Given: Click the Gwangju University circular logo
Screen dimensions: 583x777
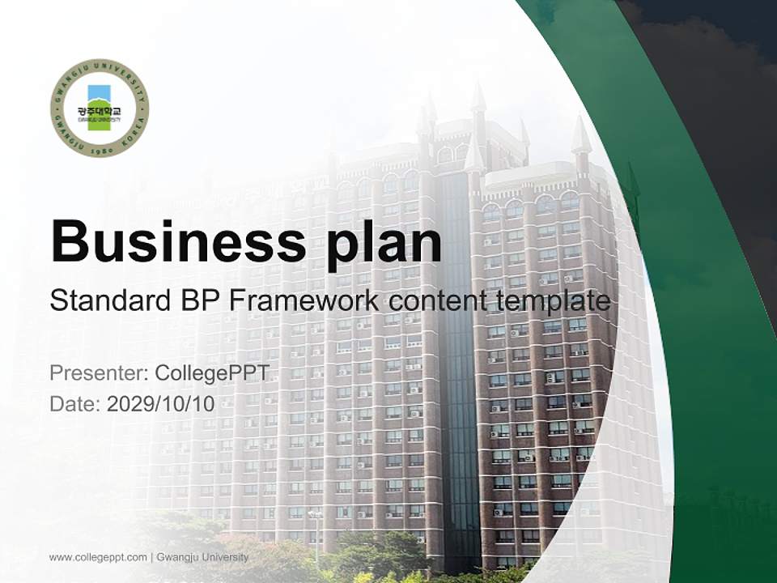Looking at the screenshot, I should tap(100, 108).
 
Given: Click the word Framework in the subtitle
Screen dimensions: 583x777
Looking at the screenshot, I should tap(304, 301).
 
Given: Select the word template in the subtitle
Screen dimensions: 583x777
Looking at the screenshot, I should tap(552, 301).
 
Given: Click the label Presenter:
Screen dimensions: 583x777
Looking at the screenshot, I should tap(98, 373).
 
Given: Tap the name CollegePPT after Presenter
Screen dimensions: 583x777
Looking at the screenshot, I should tap(211, 373).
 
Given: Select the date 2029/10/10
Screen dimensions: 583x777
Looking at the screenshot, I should tap(161, 404).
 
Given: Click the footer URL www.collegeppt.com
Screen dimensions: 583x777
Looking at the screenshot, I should tap(98, 557).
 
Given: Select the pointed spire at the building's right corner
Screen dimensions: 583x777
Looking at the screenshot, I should tap(580, 138).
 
